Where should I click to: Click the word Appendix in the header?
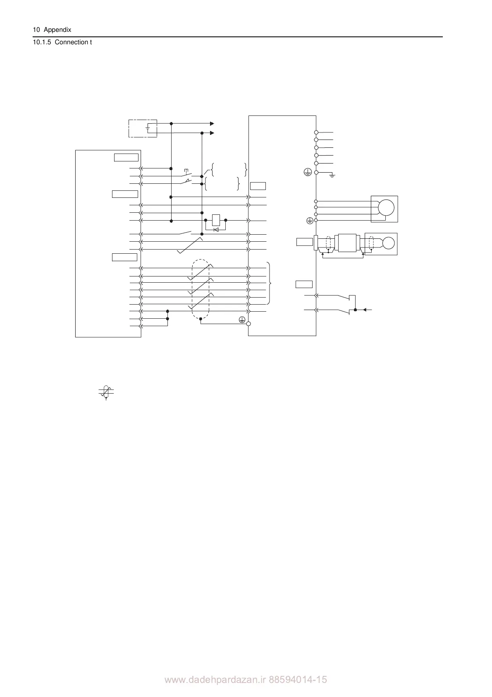[57, 30]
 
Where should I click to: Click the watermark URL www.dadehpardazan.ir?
[215, 680]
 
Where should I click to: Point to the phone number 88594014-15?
[298, 680]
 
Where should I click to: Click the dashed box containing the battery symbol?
[143, 128]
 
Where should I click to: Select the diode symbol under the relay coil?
[215, 229]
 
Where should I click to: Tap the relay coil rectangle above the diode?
[216, 220]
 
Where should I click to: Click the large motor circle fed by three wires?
[387, 207]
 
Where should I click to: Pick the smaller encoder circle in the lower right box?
[389, 243]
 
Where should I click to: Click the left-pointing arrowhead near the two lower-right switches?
[365, 310]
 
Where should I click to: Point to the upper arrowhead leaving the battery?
[212, 123]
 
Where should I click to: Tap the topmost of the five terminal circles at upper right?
[316, 132]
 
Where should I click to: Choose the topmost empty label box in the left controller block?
[126, 157]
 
